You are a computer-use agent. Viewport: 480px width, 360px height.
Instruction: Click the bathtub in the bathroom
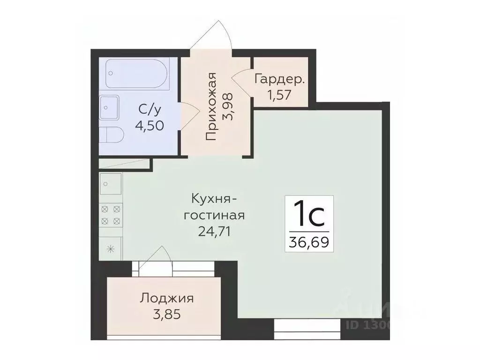(x=137, y=74)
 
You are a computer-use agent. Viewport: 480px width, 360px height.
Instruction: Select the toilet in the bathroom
(x=112, y=135)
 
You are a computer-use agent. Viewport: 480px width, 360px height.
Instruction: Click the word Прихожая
(x=211, y=107)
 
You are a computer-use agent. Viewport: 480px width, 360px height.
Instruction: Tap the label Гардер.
(x=280, y=78)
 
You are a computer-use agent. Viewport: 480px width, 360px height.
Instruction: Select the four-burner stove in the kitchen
(x=111, y=214)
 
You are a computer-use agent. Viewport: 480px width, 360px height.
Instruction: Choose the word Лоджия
(x=167, y=298)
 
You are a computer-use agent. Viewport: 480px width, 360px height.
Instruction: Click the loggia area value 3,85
(x=167, y=314)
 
